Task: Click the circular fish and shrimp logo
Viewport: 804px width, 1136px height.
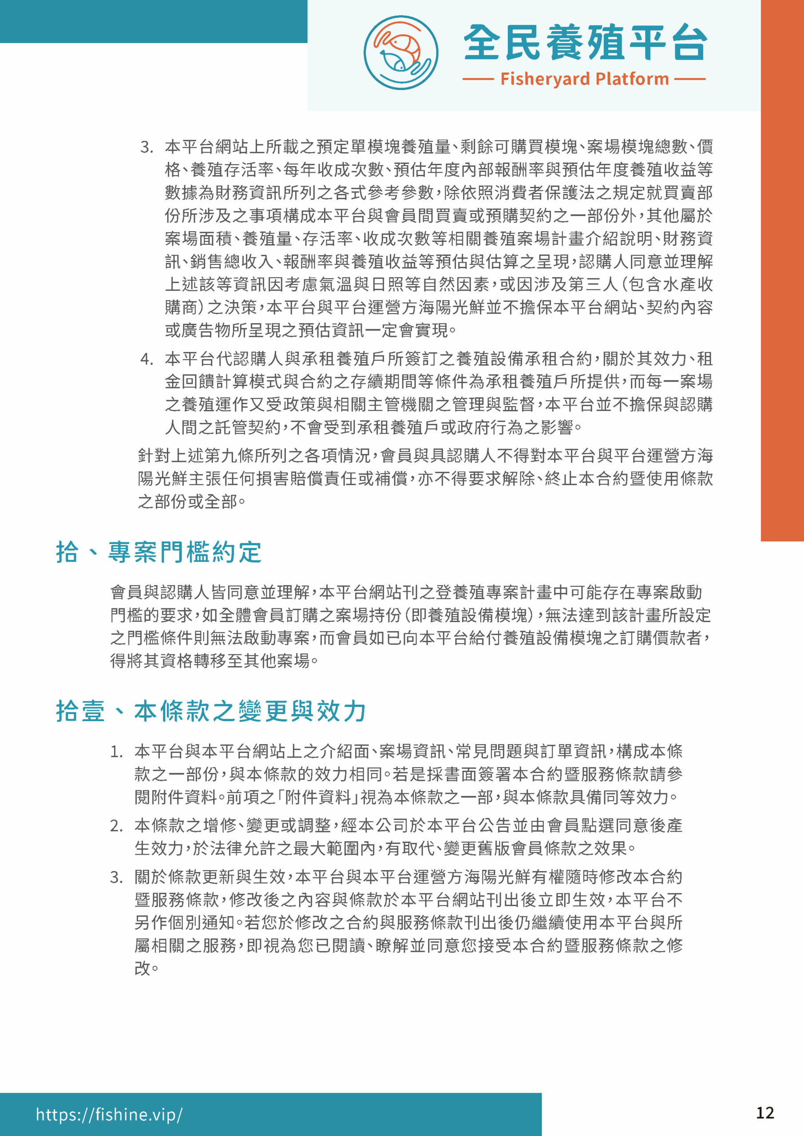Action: coord(400,52)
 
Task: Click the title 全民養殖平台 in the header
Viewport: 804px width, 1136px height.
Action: coord(585,43)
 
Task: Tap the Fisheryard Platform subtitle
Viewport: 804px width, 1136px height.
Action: coord(584,79)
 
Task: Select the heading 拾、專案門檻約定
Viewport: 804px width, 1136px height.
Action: coord(158,552)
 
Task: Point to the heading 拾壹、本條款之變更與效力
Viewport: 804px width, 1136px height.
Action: coord(210,711)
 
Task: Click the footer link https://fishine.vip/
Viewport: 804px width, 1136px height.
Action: coord(109,1114)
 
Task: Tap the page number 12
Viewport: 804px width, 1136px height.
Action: coord(764,1113)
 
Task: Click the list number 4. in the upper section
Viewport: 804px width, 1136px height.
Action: coord(147,359)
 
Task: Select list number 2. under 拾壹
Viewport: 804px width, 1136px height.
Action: coord(116,826)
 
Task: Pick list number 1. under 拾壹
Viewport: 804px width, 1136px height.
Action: coord(116,752)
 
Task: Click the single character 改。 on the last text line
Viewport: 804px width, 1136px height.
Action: coord(146,968)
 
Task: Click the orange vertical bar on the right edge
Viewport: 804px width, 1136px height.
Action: coord(782,270)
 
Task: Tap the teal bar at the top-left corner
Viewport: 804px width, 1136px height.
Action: coord(154,21)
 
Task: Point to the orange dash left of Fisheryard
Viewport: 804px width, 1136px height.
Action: coord(478,79)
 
